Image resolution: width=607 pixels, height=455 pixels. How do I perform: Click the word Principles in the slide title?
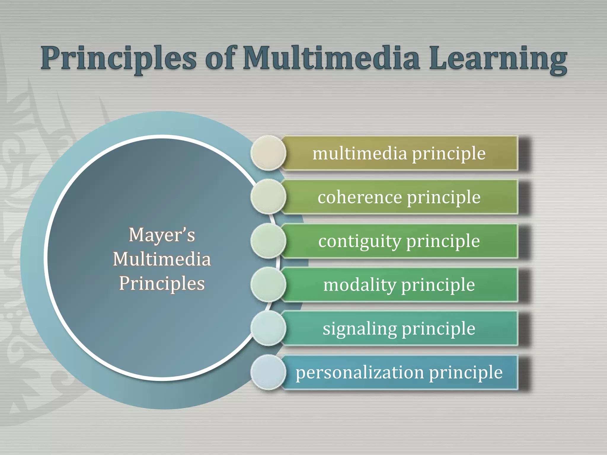[x=119, y=58]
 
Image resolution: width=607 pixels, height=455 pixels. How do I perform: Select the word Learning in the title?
[x=498, y=59]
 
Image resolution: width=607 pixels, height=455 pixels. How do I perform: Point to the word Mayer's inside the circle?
[x=162, y=235]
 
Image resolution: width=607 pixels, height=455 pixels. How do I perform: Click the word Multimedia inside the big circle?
[x=162, y=259]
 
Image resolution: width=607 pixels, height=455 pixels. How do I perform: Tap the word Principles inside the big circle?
[x=162, y=283]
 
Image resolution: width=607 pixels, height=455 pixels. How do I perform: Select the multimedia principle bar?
[x=399, y=153]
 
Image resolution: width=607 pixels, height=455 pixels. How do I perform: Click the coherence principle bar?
[x=399, y=197]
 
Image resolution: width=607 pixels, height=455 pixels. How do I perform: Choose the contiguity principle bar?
[x=399, y=241]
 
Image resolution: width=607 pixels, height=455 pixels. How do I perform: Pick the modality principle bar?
[x=399, y=285]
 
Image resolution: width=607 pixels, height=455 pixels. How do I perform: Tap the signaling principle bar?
[x=399, y=329]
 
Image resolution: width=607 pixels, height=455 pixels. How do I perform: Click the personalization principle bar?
[x=399, y=372]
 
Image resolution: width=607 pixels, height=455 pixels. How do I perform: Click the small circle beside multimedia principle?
[x=268, y=153]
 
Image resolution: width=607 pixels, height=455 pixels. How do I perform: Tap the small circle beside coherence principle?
[x=268, y=197]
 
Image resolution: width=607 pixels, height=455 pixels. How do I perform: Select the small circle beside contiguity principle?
[x=268, y=241]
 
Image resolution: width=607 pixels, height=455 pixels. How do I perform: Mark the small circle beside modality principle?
[x=268, y=284]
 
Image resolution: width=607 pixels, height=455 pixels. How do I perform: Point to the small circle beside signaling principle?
[x=268, y=328]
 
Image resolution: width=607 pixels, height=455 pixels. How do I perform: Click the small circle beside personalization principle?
[x=268, y=372]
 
